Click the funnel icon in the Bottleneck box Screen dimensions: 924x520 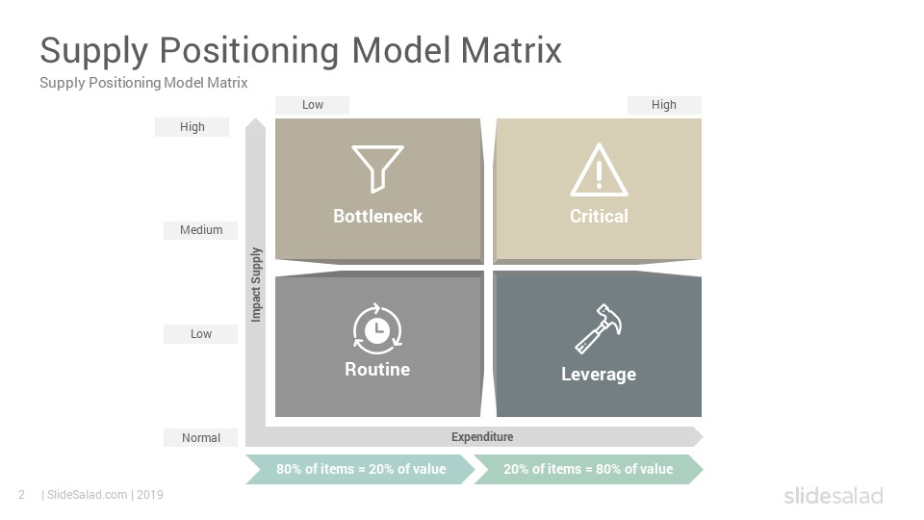[377, 169]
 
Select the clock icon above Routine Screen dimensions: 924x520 [377, 329]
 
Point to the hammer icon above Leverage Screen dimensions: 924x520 [599, 329]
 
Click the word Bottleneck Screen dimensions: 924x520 [377, 217]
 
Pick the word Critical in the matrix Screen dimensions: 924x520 [599, 217]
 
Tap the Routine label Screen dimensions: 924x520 [377, 370]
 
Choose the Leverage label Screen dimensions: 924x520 [599, 375]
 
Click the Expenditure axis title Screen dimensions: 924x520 [482, 437]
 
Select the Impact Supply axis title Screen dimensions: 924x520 [256, 285]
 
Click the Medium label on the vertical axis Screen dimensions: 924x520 [201, 230]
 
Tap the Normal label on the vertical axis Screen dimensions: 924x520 [201, 438]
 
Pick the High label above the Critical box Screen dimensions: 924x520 [663, 105]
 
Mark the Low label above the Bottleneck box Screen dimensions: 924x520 [312, 105]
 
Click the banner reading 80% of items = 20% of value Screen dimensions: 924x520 [361, 469]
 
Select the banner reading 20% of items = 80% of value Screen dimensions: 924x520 [588, 469]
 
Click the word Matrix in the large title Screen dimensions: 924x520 [511, 50]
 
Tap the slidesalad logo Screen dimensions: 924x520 [834, 495]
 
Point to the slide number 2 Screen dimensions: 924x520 [22, 495]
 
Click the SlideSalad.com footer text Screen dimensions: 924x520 [88, 495]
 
